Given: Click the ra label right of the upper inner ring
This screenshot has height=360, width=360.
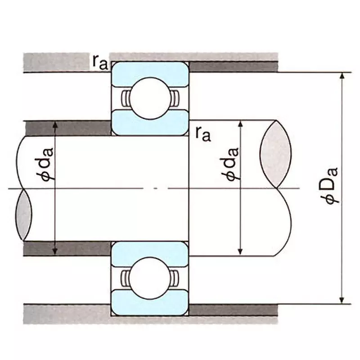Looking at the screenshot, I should [203, 133].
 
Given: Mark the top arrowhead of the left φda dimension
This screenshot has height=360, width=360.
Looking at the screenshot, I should [55, 125].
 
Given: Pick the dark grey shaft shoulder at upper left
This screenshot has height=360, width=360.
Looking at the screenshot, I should [67, 128].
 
